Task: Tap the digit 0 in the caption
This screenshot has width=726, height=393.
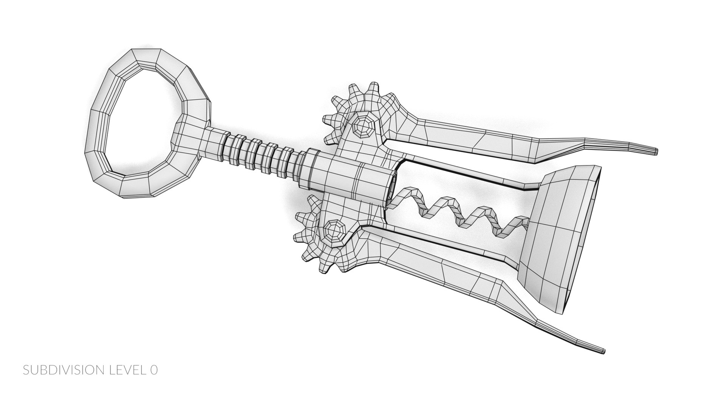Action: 153,370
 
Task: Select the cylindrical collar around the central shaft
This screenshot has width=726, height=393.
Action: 352,178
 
